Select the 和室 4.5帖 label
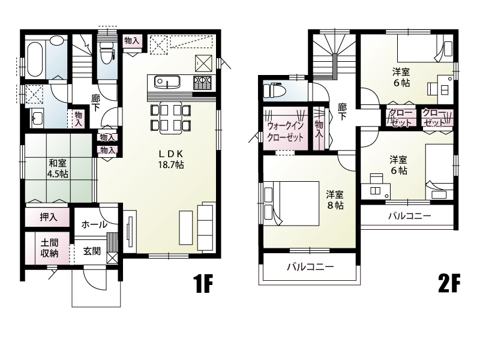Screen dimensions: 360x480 (58, 169)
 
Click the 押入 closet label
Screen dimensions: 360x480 (49, 217)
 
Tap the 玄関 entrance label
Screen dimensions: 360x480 (92, 251)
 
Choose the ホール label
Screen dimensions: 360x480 (94, 224)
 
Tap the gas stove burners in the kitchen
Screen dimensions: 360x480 (202, 82)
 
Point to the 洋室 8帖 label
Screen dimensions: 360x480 (335, 200)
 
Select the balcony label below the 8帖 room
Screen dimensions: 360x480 (310, 266)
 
